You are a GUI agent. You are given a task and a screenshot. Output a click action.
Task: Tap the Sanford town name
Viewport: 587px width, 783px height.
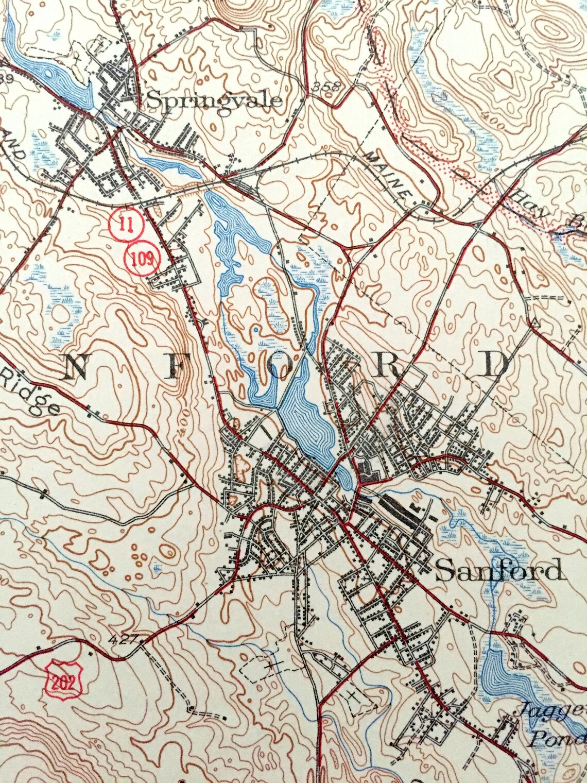coord(497,571)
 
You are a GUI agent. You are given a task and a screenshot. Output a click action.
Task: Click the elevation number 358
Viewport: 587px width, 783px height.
coord(327,87)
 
